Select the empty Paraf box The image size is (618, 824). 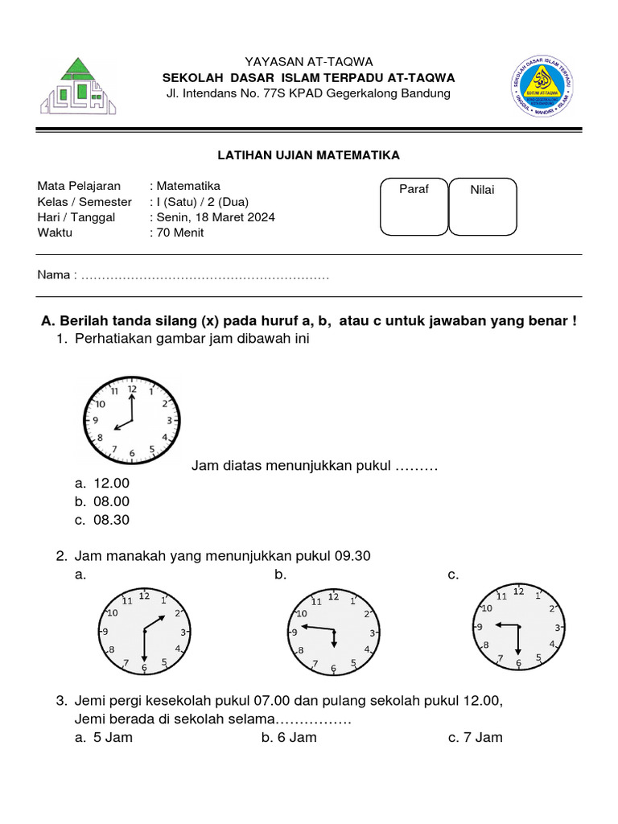[x=414, y=208]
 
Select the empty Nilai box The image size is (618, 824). [x=482, y=208]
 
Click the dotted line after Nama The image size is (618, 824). [x=206, y=276]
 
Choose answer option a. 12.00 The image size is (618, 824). [x=102, y=483]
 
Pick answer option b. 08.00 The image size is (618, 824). [x=102, y=501]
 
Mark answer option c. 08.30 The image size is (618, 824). [x=102, y=520]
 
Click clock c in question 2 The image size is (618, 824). [x=517, y=628]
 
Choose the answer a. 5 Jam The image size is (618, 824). [x=104, y=737]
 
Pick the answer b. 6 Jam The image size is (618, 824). [x=290, y=737]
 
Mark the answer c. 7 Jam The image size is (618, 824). [x=476, y=737]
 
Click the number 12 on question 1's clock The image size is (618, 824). [x=132, y=388]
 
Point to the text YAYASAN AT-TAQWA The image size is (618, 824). [x=309, y=62]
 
